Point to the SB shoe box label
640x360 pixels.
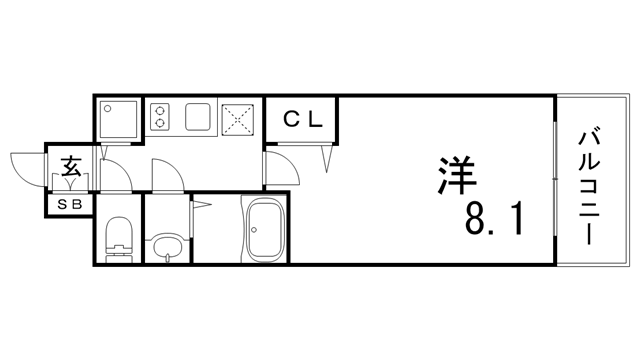69,204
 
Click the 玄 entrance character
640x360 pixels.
71,168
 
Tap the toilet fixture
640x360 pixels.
118,238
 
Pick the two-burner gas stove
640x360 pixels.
160,116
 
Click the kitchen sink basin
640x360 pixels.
196,116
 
